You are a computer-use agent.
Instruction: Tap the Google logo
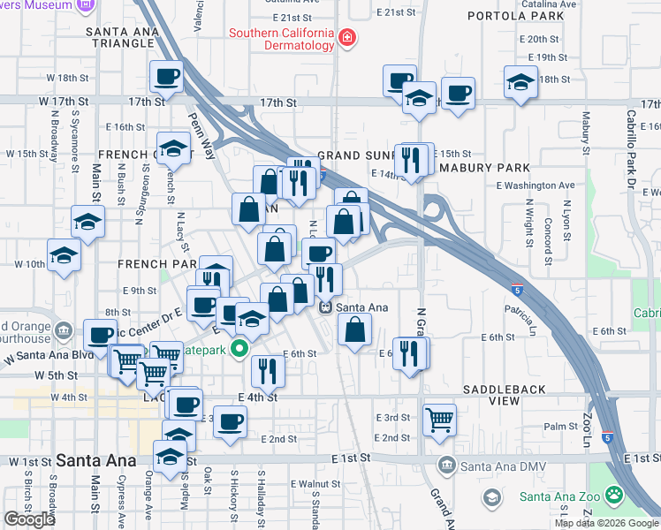29,519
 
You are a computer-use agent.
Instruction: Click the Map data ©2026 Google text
606,524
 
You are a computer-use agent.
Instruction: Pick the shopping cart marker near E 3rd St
439,419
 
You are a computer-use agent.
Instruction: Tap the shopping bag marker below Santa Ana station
354,330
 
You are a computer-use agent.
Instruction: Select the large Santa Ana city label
95,460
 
